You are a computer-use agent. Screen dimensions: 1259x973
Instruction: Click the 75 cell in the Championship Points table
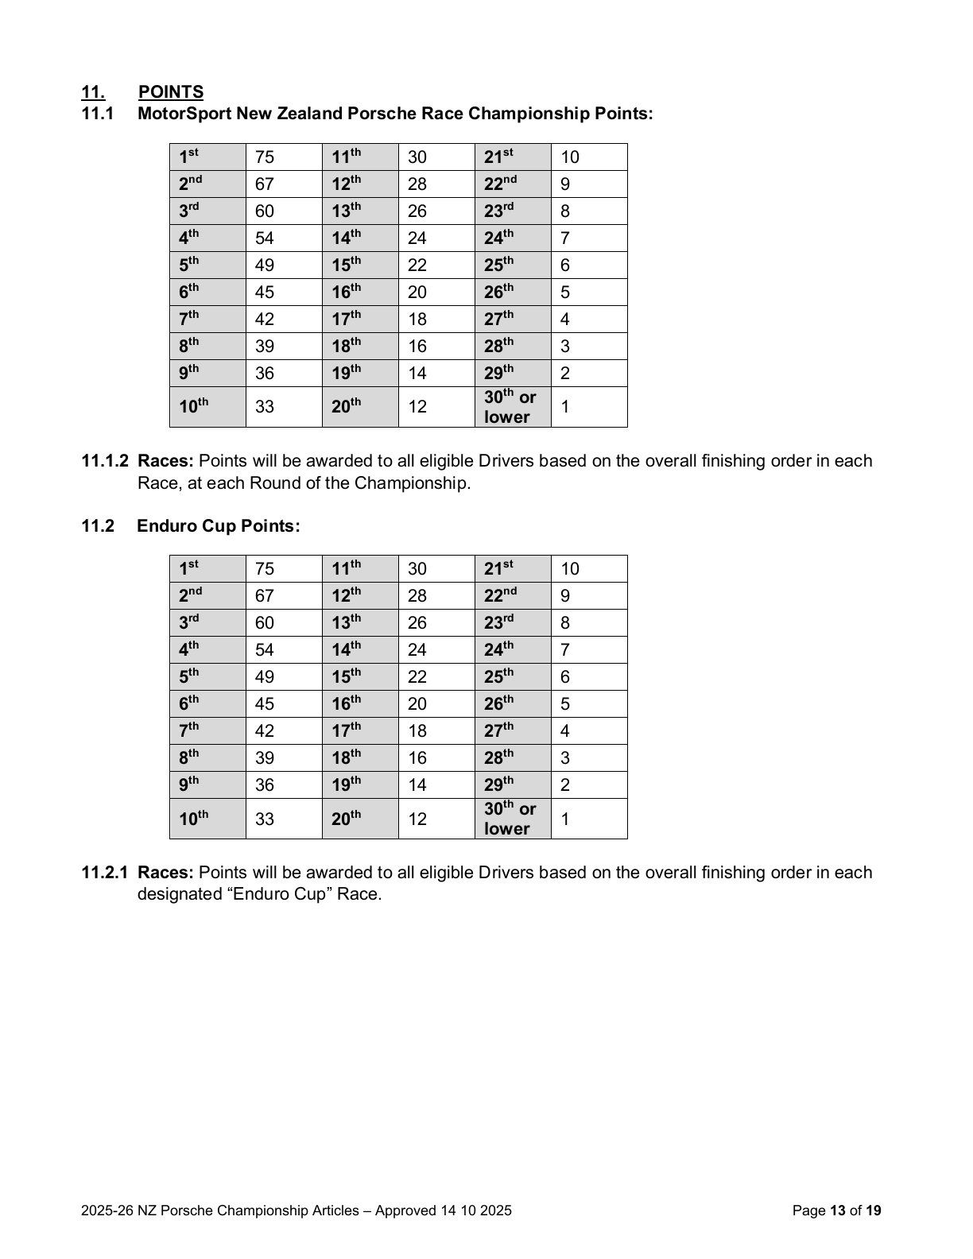265,157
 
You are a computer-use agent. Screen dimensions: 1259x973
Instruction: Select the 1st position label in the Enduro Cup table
188,568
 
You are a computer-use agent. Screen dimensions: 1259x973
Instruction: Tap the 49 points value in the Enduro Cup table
265,676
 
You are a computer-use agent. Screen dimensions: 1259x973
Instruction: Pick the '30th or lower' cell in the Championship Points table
510,407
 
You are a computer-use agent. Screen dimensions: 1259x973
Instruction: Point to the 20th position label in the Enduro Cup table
346,819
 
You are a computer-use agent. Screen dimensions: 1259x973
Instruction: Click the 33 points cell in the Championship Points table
265,407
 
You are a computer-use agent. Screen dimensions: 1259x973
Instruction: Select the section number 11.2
99,526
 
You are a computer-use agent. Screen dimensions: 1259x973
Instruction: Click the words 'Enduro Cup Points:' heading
219,526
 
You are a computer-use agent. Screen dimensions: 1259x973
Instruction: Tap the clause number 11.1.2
105,461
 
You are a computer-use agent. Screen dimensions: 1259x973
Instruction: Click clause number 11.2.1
105,873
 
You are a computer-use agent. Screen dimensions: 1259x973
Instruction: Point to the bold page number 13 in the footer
837,1211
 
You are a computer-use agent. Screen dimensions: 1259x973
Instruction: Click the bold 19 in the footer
874,1211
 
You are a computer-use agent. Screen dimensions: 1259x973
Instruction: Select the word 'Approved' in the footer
405,1211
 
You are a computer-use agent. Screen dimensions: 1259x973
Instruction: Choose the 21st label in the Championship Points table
498,157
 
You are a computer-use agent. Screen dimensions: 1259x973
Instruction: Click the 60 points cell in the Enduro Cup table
265,622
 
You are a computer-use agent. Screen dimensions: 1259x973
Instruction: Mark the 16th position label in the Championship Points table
346,292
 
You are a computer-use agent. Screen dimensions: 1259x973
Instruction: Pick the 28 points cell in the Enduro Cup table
417,595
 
